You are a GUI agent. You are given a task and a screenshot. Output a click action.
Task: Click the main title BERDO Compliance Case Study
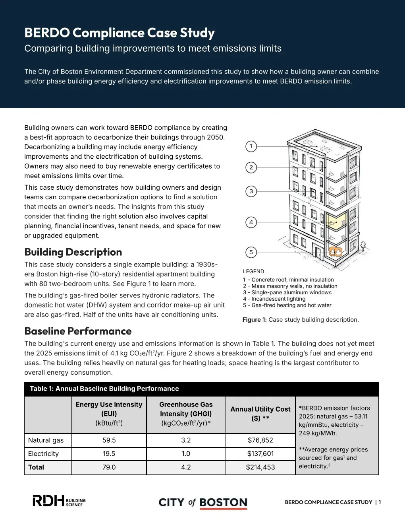click(x=120, y=33)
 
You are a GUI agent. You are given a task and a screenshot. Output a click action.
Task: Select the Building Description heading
click(x=73, y=252)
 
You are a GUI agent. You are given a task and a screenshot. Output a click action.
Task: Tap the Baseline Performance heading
click(x=78, y=331)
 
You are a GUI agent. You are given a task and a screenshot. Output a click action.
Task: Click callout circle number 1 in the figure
click(x=251, y=146)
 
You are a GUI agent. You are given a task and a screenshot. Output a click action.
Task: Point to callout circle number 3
click(x=251, y=191)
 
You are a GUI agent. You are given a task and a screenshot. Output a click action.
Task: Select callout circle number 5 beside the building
click(x=251, y=252)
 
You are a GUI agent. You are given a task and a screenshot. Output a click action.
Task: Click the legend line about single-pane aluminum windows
click(x=287, y=292)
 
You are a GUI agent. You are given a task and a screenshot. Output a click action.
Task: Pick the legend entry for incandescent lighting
click(x=274, y=299)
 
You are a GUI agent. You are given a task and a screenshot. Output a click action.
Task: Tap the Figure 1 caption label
click(x=255, y=320)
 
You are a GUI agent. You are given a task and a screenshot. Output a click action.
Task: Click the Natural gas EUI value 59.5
click(x=109, y=440)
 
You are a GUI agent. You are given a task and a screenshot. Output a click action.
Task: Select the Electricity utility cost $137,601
click(x=260, y=454)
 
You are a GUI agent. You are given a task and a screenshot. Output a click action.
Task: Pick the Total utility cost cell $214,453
click(x=260, y=467)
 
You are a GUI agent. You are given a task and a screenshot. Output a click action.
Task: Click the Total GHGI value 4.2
click(x=186, y=467)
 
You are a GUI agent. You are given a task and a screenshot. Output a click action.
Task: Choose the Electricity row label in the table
click(x=43, y=454)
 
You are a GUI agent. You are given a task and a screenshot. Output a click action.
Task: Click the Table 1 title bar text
click(x=104, y=389)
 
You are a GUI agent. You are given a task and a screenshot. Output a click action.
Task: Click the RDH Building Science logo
click(x=59, y=501)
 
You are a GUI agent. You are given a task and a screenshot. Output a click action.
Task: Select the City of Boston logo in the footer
click(x=203, y=503)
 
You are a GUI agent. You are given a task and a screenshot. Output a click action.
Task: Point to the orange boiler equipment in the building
click(x=336, y=251)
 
